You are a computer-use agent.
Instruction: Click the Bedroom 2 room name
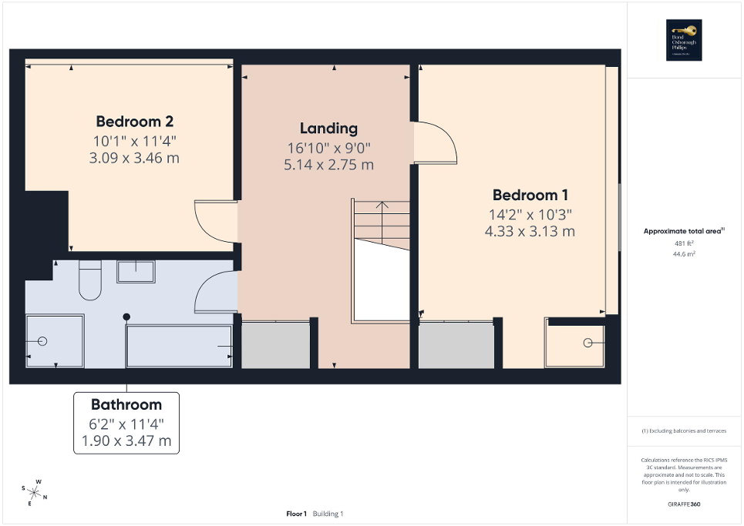134,122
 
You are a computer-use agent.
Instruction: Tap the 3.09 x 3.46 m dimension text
134,158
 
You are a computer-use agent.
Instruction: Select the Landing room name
328,128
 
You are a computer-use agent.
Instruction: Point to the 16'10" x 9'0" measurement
328,147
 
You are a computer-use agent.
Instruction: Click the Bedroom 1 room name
530,195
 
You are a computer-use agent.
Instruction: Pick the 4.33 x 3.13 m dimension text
530,231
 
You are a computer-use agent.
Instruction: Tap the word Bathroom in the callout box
126,404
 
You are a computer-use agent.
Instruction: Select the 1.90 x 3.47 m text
126,441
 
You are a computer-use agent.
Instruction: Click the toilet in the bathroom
90,280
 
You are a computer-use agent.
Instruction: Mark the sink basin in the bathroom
136,271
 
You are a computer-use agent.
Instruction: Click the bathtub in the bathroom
179,347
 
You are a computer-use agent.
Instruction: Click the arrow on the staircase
381,206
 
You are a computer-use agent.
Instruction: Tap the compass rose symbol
34,490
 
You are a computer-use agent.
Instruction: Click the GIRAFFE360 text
685,504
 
